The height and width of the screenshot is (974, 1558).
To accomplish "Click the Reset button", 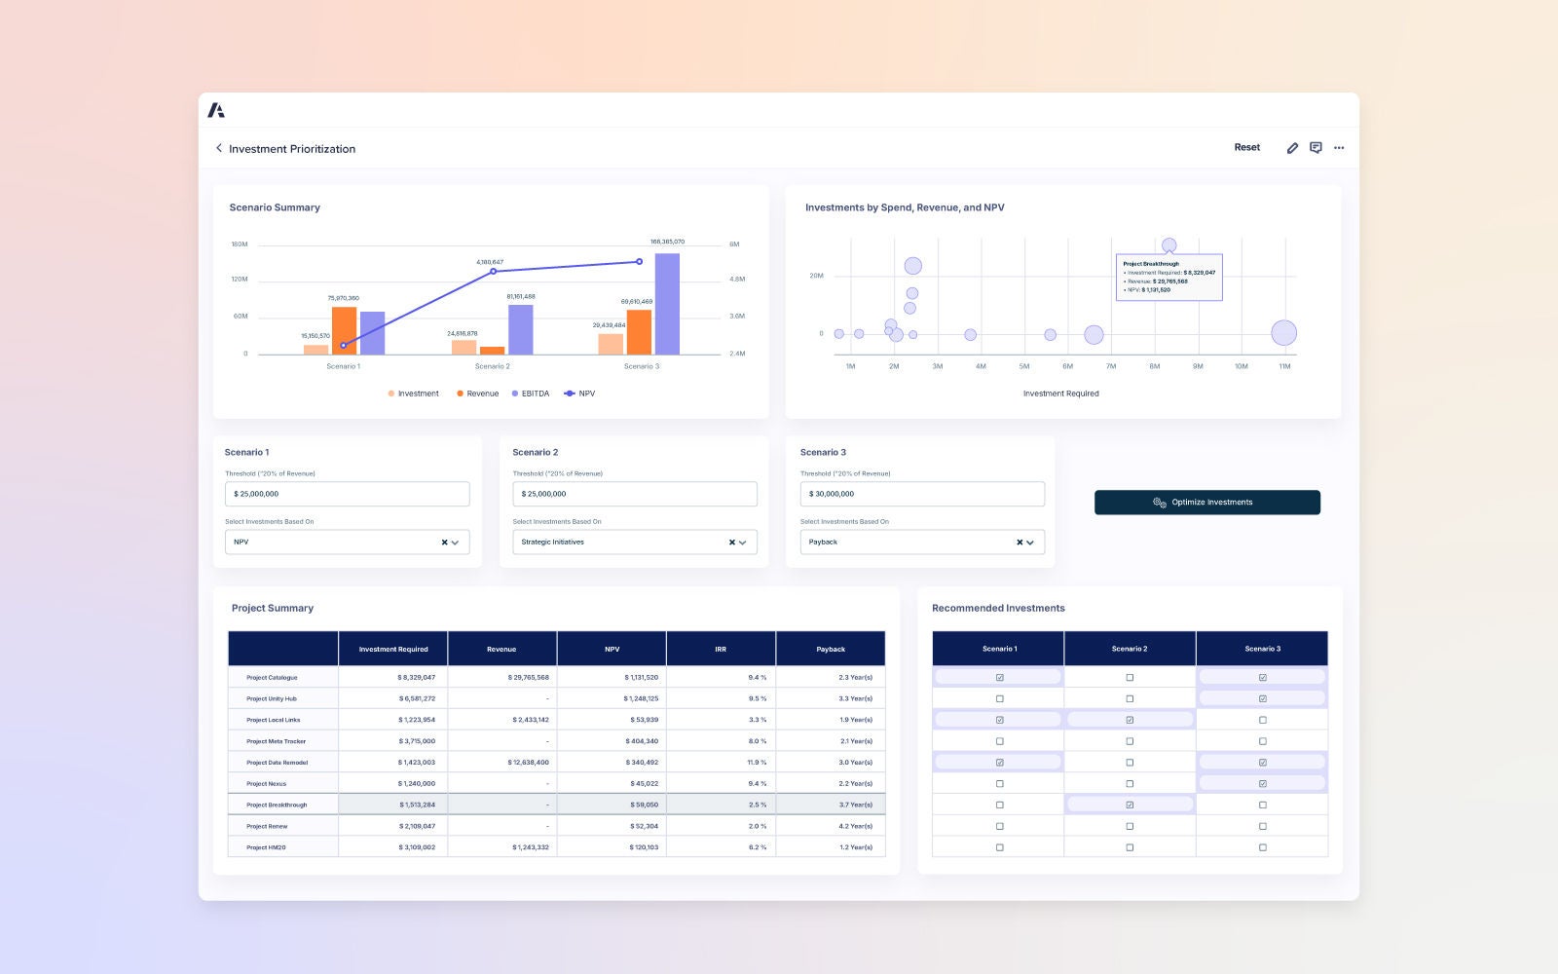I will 1246,148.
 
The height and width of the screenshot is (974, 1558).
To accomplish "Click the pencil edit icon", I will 1292,148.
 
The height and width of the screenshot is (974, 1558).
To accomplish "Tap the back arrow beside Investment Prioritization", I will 219,148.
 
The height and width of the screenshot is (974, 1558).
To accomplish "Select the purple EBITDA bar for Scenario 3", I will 667,304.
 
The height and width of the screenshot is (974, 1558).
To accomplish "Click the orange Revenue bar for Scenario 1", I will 344,330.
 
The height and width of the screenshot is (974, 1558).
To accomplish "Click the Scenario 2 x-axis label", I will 492,366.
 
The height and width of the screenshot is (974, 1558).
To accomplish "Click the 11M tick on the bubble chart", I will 1284,366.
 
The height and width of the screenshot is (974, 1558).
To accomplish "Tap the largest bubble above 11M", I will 1283,333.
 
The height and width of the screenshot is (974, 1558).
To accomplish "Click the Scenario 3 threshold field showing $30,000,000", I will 921,494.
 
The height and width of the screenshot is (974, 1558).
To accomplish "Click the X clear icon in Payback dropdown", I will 1020,543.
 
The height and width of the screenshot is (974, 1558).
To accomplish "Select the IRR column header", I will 721,649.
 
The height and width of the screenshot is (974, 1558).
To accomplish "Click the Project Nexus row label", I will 267,784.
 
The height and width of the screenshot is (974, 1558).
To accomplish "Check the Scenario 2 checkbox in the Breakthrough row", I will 1130,805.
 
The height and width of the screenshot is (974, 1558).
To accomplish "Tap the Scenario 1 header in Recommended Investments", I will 999,649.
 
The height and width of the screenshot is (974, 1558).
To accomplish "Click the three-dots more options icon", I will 1339,148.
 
